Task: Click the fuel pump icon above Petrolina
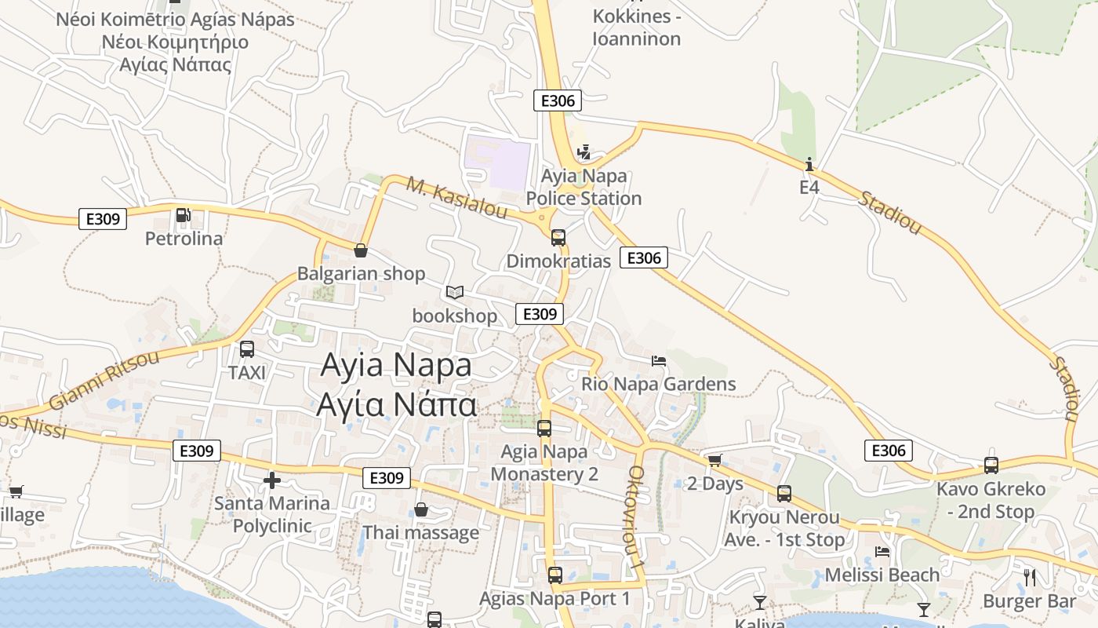[183, 214]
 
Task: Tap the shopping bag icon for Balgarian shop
[361, 250]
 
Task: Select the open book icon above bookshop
[455, 293]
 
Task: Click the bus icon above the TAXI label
[247, 349]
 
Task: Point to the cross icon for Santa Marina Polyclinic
[272, 480]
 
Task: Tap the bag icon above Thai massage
[421, 509]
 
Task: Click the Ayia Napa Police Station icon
[583, 152]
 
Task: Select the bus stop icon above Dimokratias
[558, 237]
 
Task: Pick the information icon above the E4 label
[809, 164]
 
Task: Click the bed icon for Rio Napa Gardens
[659, 361]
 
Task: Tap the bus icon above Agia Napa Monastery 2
[544, 429]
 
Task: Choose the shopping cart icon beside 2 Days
[714, 461]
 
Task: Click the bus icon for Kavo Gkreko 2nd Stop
[991, 466]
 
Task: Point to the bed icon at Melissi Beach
[882, 552]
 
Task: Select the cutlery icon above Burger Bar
[1030, 578]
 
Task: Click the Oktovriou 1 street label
[636, 518]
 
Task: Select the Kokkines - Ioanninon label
[636, 27]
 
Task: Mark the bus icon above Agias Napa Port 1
[555, 575]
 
